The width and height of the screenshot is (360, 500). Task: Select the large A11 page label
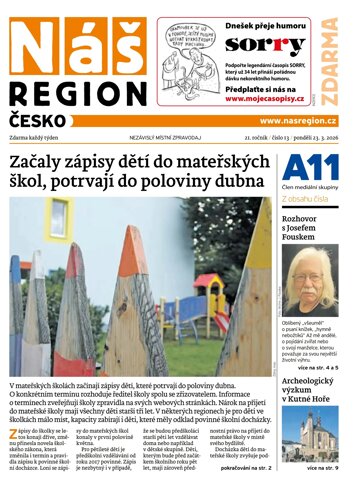pos(304,167)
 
